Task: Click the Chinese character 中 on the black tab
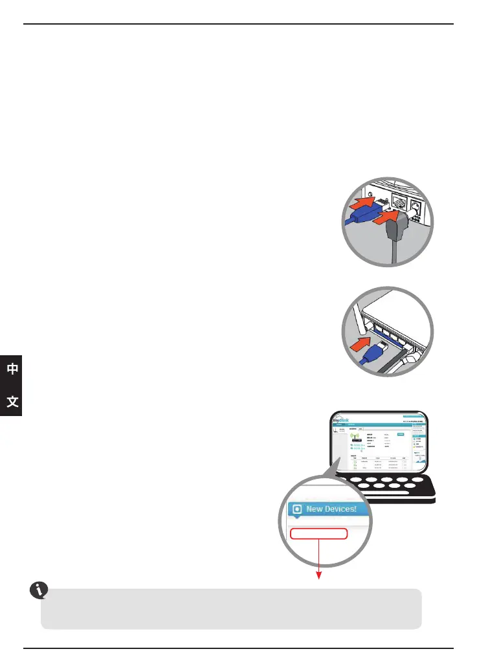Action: (x=12, y=369)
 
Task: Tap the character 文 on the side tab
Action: (x=12, y=402)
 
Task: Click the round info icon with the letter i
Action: (x=39, y=590)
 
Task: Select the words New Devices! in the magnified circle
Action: (x=331, y=509)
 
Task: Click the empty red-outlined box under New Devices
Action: (x=318, y=534)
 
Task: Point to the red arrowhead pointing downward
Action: (x=318, y=577)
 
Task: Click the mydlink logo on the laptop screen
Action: (x=340, y=421)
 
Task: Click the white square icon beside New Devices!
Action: (x=297, y=509)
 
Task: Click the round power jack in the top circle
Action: (x=416, y=208)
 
